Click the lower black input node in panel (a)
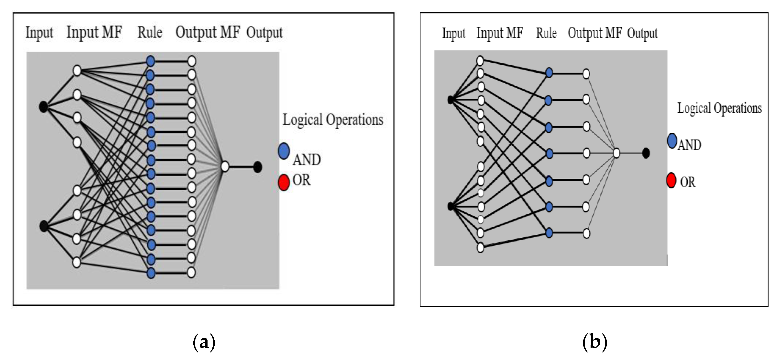pyautogui.click(x=44, y=226)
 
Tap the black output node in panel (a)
pyautogui.click(x=257, y=167)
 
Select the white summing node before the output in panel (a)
pyautogui.click(x=225, y=166)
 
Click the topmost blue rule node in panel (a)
pyautogui.click(x=150, y=61)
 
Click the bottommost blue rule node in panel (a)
pyautogui.click(x=151, y=273)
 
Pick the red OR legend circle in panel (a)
pyautogui.click(x=284, y=182)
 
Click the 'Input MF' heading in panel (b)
pyautogui.click(x=500, y=33)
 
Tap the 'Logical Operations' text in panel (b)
pyautogui.click(x=719, y=108)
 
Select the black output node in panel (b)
pyautogui.click(x=646, y=153)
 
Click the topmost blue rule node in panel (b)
pyautogui.click(x=549, y=73)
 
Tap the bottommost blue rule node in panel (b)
pyautogui.click(x=549, y=233)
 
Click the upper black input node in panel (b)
pyautogui.click(x=451, y=100)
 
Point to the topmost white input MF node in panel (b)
pyautogui.click(x=480, y=60)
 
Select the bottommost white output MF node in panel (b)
pyautogui.click(x=586, y=233)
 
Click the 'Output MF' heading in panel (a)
pyautogui.click(x=208, y=32)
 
